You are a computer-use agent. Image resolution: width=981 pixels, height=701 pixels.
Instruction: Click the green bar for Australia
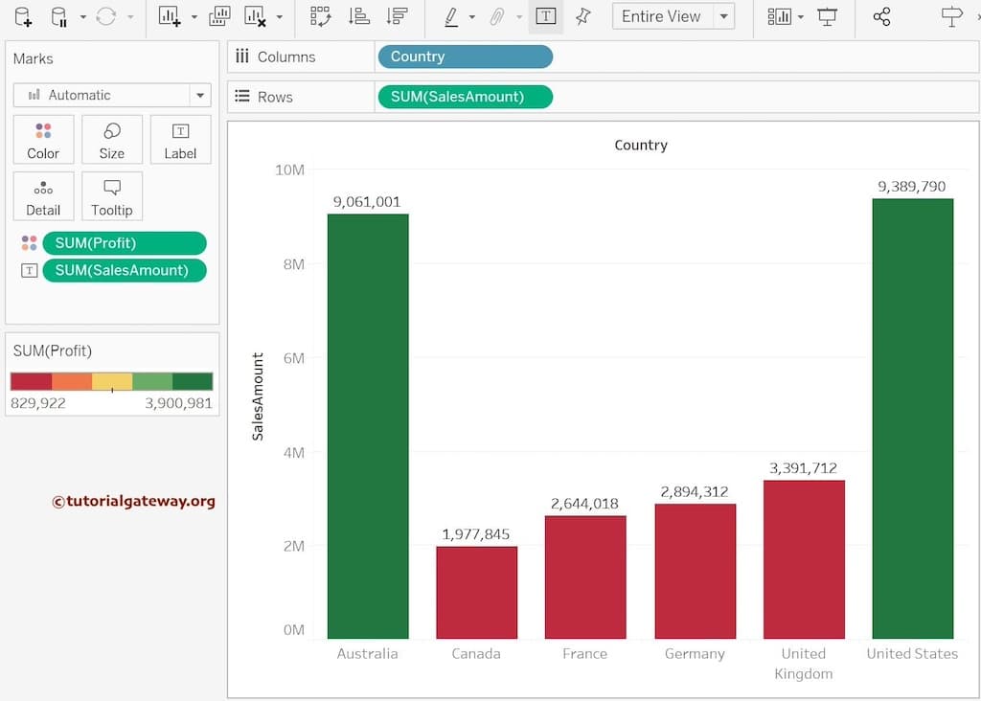pyautogui.click(x=368, y=426)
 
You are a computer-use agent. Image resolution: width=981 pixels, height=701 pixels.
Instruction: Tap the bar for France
pyautogui.click(x=585, y=577)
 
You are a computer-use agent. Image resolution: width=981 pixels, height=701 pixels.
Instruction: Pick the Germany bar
pyautogui.click(x=695, y=571)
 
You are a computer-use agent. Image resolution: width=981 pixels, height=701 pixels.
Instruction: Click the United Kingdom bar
pyautogui.click(x=804, y=559)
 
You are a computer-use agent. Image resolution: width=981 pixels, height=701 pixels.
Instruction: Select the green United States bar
pyautogui.click(x=912, y=418)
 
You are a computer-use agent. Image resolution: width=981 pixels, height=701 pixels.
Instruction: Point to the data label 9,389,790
pyautogui.click(x=912, y=187)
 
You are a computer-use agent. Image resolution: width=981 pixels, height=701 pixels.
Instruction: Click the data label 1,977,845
pyautogui.click(x=476, y=534)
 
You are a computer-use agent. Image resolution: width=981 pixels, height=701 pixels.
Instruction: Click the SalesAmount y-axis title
pyautogui.click(x=258, y=396)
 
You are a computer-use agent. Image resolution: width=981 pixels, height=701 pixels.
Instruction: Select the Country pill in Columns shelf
pyautogui.click(x=465, y=57)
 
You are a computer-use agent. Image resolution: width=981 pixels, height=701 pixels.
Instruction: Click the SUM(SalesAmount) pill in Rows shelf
pyautogui.click(x=465, y=97)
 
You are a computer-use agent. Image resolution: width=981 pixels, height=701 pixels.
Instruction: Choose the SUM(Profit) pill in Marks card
pyautogui.click(x=124, y=243)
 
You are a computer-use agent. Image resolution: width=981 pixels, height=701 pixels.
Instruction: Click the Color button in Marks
pyautogui.click(x=43, y=140)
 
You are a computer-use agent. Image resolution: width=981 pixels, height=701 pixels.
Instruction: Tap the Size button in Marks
pyautogui.click(x=112, y=140)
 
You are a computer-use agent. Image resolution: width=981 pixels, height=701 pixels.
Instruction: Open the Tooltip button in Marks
pyautogui.click(x=112, y=196)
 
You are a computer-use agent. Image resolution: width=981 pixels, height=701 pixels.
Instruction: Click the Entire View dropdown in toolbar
pyautogui.click(x=673, y=16)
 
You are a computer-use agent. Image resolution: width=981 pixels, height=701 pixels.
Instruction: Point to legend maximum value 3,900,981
pyautogui.click(x=178, y=403)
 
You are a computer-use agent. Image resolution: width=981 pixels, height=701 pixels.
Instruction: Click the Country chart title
pyautogui.click(x=641, y=146)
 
